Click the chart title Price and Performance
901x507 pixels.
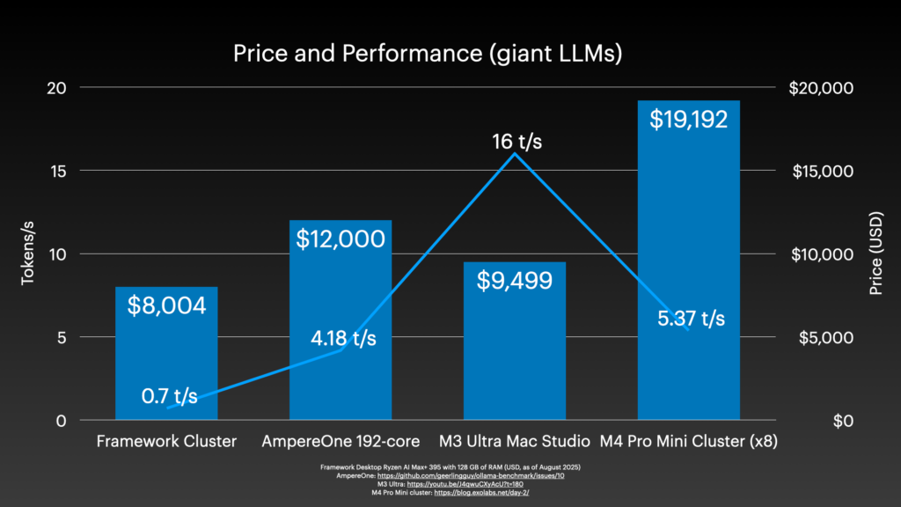pyautogui.click(x=428, y=54)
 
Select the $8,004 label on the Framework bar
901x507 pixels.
pyautogui.click(x=167, y=305)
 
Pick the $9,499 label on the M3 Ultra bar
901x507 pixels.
pyautogui.click(x=515, y=281)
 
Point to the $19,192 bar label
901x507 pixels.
pyautogui.click(x=689, y=119)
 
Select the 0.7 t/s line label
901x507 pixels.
pyautogui.click(x=170, y=396)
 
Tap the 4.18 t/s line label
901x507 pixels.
pyautogui.click(x=343, y=338)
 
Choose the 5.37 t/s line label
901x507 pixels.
pyautogui.click(x=692, y=319)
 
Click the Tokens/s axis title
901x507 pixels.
pyautogui.click(x=28, y=254)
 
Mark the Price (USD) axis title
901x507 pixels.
pyautogui.click(x=875, y=254)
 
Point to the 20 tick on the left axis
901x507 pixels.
pyautogui.click(x=57, y=88)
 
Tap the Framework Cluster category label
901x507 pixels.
pyautogui.click(x=167, y=441)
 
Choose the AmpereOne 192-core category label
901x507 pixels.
pyautogui.click(x=341, y=441)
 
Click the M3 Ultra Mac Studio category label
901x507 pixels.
pyautogui.click(x=515, y=441)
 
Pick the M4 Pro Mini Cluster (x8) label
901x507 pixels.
pyautogui.click(x=689, y=441)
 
